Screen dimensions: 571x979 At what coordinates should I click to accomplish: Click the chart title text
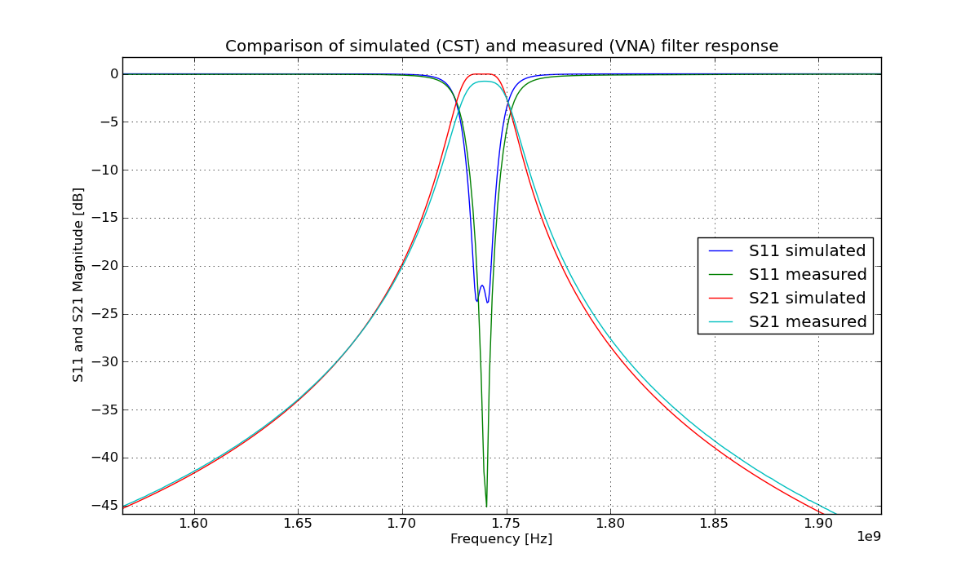pos(501,46)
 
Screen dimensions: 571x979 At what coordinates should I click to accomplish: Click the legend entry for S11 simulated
pos(807,251)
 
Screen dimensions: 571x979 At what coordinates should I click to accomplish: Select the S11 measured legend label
pos(807,275)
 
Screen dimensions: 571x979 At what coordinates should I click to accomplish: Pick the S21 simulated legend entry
pos(807,299)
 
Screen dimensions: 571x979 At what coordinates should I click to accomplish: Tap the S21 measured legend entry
pos(807,322)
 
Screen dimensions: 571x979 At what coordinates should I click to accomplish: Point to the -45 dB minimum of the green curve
pos(486,505)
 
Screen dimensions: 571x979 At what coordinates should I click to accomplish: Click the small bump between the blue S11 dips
pos(482,285)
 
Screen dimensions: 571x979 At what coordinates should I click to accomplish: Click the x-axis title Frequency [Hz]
pos(501,539)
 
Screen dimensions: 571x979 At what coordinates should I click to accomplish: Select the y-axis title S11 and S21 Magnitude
pos(78,285)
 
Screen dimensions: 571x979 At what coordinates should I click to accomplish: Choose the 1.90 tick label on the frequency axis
pos(818,523)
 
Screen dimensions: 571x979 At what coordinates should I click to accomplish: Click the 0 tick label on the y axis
pos(113,74)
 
